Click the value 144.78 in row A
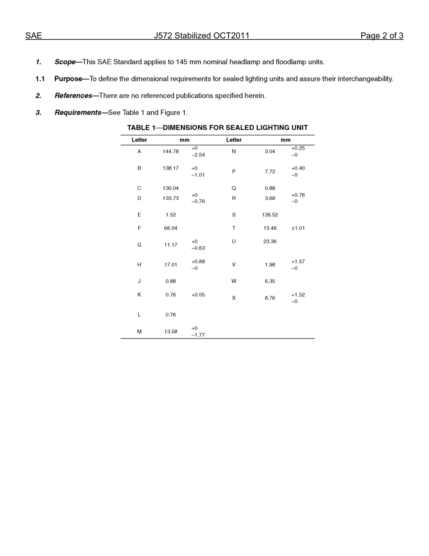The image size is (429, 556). [171, 151]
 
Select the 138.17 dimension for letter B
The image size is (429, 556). [171, 168]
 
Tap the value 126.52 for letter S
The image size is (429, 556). [270, 215]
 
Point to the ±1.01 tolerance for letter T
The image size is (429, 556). [298, 228]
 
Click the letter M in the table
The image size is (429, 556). [139, 331]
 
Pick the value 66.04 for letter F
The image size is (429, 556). [171, 228]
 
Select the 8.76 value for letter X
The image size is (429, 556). [270, 298]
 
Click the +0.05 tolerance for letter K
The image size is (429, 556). [198, 295]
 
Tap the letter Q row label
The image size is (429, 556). [234, 188]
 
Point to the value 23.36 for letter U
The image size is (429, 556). [270, 241]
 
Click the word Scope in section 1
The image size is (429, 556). [65, 62]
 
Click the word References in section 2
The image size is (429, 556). [73, 96]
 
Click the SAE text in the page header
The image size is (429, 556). [33, 36]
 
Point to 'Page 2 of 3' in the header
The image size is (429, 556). [382, 36]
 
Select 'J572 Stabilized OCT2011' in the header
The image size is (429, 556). [201, 36]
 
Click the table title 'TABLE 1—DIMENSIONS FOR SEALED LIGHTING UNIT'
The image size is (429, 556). [217, 128]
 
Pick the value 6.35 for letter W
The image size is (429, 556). [270, 281]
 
